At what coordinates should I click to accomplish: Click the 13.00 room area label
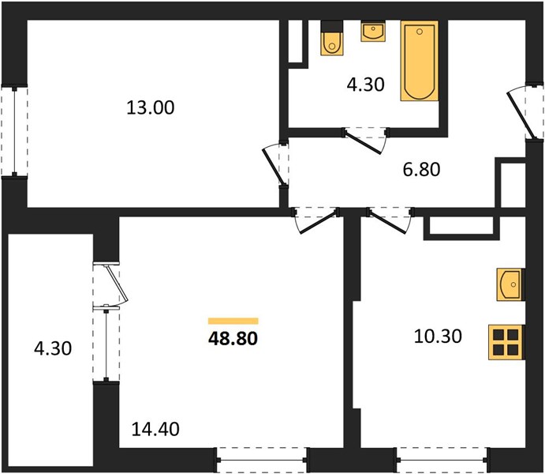point(150,107)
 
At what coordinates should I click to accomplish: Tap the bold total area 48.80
point(233,339)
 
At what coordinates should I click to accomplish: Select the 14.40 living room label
point(155,429)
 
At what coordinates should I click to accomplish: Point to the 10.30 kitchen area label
point(438,337)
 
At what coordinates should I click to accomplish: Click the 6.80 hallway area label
point(421,170)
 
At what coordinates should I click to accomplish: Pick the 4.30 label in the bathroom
point(366,85)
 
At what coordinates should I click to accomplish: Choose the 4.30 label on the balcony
point(53,348)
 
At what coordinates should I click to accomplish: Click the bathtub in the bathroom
point(419,61)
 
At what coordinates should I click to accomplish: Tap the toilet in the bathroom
point(332,38)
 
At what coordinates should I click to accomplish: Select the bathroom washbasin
point(373,32)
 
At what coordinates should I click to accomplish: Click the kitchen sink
point(510,284)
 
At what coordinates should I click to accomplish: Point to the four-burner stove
point(506,342)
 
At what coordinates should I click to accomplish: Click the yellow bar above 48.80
point(233,321)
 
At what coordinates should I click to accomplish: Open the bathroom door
point(365,140)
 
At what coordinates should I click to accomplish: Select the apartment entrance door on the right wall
point(524,112)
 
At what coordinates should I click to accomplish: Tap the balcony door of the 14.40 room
point(110,284)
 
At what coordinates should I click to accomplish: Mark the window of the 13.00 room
point(14,132)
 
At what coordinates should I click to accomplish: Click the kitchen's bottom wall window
point(442,460)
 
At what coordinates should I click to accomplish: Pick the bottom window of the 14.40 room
point(262,460)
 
